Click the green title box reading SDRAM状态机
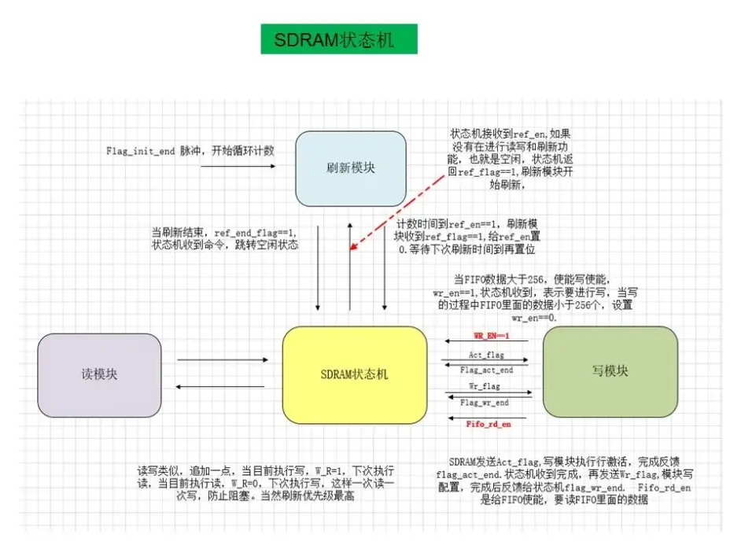pos(339,39)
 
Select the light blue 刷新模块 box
pos(351,168)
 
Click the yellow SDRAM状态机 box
pos(355,374)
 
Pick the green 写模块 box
pos(610,370)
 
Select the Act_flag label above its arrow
pos(486,355)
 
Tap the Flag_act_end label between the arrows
pos(486,370)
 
